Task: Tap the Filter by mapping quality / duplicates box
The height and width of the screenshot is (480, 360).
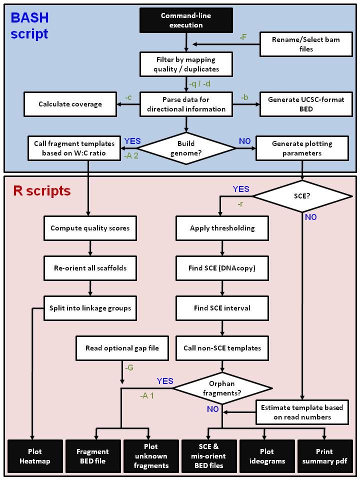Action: point(186,64)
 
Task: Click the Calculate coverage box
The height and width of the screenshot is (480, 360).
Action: point(70,104)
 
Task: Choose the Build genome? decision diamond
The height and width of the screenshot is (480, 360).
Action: point(186,148)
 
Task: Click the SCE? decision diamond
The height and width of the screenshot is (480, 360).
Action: point(302,196)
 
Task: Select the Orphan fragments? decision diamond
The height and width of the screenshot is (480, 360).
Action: point(222,388)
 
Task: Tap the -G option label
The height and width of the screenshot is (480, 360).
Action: point(128,368)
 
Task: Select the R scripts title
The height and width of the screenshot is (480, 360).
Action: point(42,191)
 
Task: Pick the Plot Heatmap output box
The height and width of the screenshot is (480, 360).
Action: point(35,456)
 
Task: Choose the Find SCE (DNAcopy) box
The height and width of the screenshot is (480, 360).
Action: point(222,267)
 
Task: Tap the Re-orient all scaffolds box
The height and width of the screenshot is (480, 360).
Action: point(90,267)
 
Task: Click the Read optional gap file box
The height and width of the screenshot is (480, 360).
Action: point(122,348)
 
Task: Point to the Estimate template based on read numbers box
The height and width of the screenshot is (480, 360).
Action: point(302,412)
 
